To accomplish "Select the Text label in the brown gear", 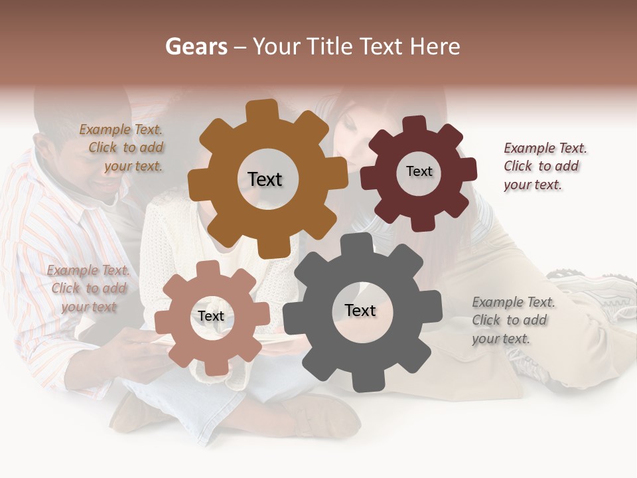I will (265, 179).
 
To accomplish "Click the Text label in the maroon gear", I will (419, 171).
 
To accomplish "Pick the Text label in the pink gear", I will (211, 317).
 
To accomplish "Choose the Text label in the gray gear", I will (360, 311).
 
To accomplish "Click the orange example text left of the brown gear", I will (123, 148).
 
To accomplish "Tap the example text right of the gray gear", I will (512, 320).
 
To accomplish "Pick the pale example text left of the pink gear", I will (88, 289).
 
